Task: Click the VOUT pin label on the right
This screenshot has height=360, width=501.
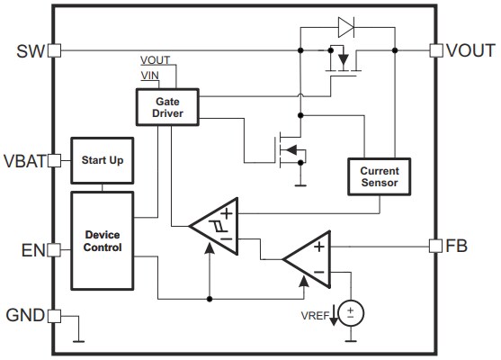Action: pyautogui.click(x=470, y=50)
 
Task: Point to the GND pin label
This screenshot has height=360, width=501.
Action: pyautogui.click(x=24, y=316)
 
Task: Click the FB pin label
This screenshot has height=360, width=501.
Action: pyautogui.click(x=459, y=245)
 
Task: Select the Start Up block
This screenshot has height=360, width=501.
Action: pyautogui.click(x=103, y=161)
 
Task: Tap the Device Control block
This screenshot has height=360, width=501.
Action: pyautogui.click(x=103, y=240)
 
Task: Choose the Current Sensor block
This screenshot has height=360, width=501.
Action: pyautogui.click(x=379, y=177)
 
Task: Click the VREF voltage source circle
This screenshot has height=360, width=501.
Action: pyautogui.click(x=352, y=313)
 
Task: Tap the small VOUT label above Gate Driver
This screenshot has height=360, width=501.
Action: pyautogui.click(x=156, y=60)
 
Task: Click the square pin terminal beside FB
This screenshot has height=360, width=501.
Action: pyautogui.click(x=436, y=245)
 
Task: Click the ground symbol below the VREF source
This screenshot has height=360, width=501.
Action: pyautogui.click(x=352, y=340)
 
